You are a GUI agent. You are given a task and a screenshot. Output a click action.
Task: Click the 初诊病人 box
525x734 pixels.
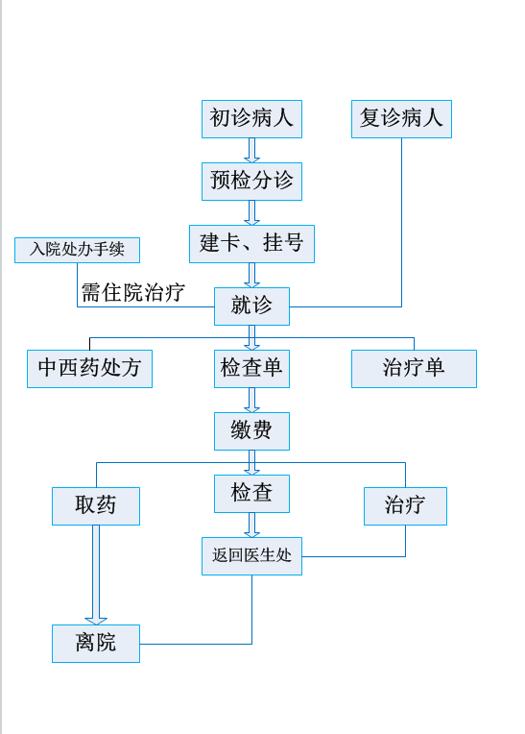251,119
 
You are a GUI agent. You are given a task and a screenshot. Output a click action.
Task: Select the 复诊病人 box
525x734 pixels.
401,119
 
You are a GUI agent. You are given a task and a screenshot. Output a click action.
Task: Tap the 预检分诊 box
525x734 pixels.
251,182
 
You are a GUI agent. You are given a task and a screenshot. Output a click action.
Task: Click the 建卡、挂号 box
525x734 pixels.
251,244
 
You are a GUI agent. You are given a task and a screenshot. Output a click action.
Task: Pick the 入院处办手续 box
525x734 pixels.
77,250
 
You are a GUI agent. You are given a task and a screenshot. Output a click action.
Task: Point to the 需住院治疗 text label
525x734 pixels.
133,293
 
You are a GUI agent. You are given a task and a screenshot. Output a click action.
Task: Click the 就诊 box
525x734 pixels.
251,306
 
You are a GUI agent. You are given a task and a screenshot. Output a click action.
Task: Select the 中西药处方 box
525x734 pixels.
90,369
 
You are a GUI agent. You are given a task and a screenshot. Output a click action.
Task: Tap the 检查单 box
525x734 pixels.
251,369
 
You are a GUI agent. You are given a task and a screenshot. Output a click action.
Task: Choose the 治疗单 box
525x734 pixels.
414,369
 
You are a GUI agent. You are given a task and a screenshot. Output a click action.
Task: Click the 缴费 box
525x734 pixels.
251,431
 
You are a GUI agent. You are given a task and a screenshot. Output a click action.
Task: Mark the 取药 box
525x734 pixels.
96,506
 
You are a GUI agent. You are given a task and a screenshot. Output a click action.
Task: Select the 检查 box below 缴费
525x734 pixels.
251,494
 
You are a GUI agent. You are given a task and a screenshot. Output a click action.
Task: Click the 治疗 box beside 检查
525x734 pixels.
405,506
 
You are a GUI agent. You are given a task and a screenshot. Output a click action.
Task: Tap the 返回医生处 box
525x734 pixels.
251,556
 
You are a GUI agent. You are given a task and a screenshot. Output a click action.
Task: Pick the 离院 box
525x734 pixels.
96,644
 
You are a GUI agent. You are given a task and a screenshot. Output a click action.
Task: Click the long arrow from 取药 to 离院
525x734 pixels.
96,575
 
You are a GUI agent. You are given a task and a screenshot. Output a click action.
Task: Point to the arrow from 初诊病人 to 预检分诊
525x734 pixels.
251,150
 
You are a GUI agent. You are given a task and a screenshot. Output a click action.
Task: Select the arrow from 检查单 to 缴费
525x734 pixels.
251,401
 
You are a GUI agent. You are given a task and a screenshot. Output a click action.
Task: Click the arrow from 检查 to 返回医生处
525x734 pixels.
251,526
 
